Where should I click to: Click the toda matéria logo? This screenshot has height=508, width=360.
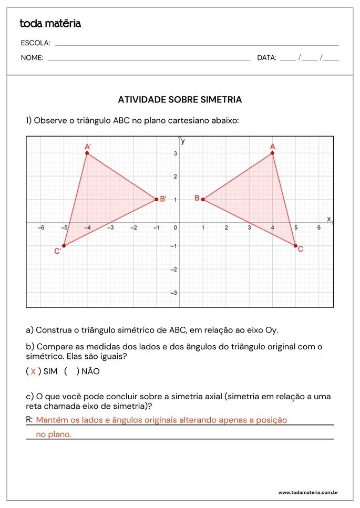[x=50, y=24]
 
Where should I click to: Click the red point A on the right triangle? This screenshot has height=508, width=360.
[x=272, y=153]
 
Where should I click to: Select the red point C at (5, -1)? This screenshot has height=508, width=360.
[x=295, y=246]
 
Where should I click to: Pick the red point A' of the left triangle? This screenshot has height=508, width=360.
[x=87, y=153]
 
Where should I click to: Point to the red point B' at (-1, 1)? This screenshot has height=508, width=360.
[x=157, y=199]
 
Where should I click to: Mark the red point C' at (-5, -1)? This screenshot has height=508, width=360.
[x=64, y=246]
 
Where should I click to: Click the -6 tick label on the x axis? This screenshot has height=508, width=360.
[x=40, y=227]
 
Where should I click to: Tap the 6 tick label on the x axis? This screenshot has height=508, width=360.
[x=318, y=227]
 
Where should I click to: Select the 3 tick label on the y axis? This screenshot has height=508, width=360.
[x=175, y=153]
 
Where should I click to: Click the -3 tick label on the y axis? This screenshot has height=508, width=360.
[x=174, y=292]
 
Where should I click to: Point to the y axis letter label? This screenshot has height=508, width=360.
[x=183, y=141]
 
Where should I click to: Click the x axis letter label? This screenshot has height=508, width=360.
[x=329, y=219]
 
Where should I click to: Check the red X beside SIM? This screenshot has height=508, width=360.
[x=33, y=371]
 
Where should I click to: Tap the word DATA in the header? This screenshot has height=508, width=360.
[x=266, y=58]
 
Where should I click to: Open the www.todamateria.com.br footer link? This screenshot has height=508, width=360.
[x=307, y=493]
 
